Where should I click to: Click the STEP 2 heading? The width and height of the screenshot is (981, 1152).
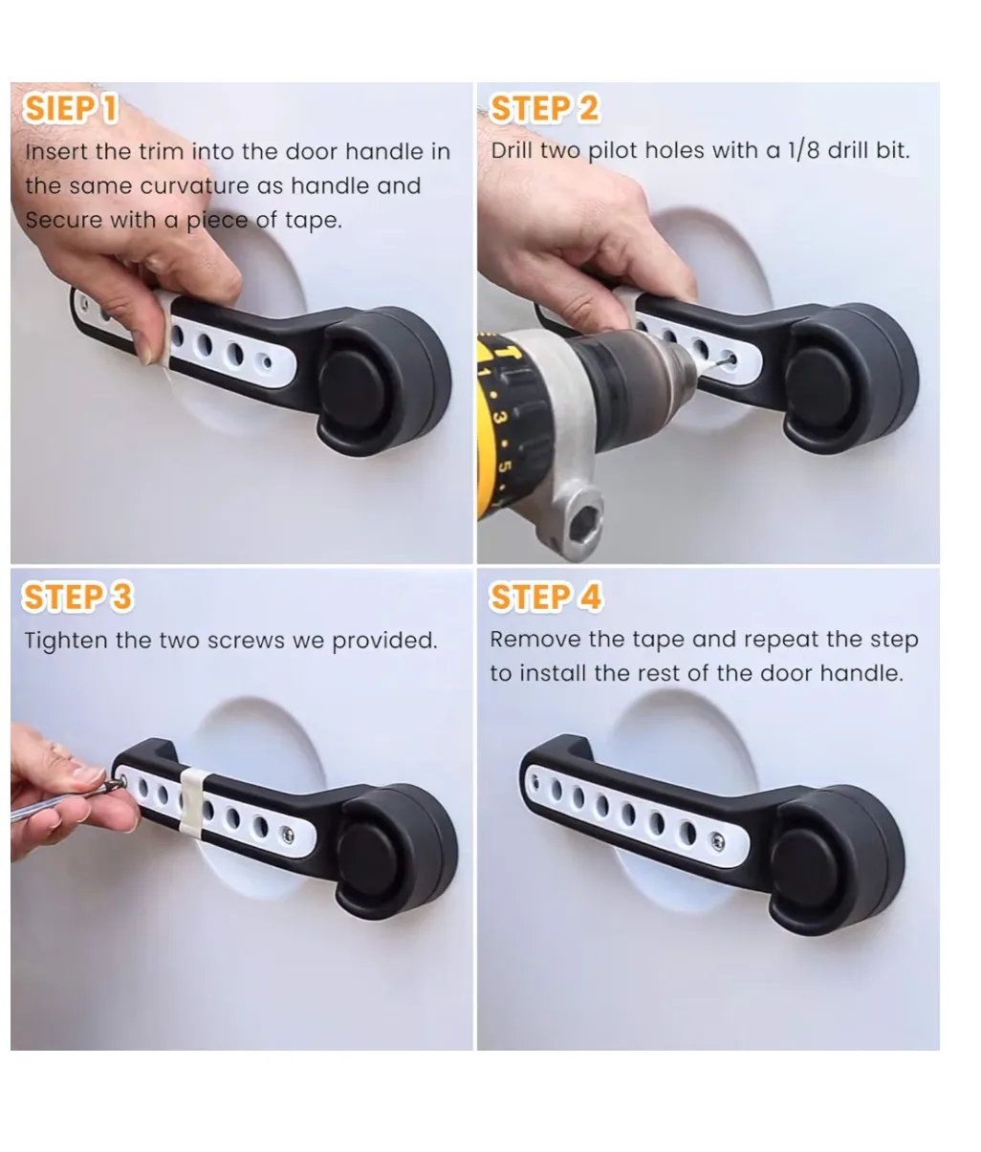[544, 108]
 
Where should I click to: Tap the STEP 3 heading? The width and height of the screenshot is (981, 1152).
[77, 598]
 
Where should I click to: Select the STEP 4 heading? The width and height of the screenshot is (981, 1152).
[546, 598]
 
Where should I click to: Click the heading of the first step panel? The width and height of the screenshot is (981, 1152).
[71, 108]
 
